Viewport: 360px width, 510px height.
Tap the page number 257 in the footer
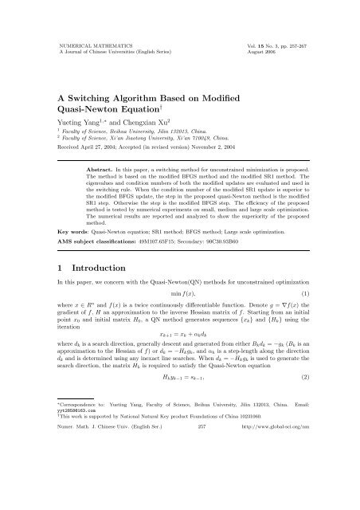(x=180, y=493)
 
